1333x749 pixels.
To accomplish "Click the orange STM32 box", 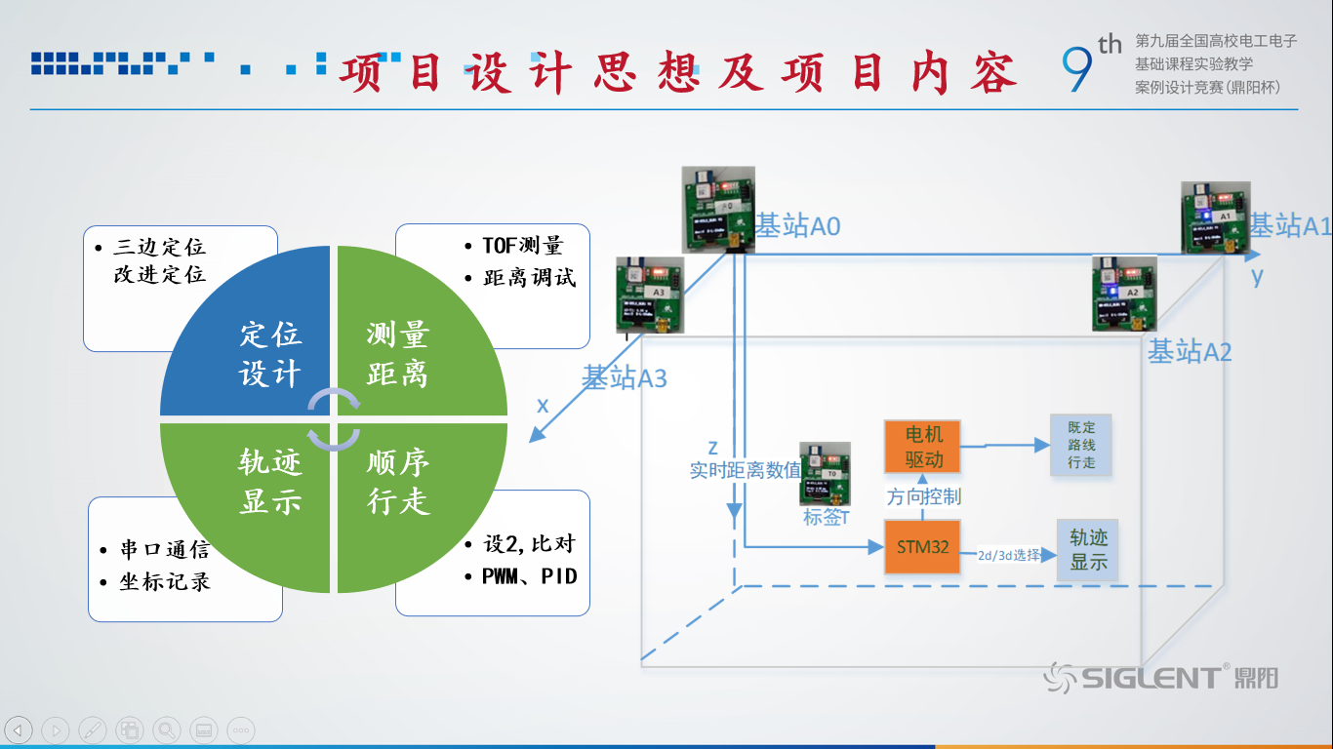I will click(922, 547).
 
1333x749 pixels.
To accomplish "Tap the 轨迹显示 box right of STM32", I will click(1088, 550).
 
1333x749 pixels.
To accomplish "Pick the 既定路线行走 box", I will click(1080, 445).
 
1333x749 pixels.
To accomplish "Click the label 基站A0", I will click(798, 226).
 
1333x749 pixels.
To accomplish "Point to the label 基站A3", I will click(625, 377).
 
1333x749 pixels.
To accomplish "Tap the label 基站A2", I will click(1189, 352).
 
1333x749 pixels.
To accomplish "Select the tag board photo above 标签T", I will click(825, 474).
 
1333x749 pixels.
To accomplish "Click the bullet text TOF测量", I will click(522, 246).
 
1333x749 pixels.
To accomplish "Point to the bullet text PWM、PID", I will click(529, 575).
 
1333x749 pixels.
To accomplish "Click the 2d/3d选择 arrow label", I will click(1008, 555).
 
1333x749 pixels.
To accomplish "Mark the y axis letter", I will click(1257, 276).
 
